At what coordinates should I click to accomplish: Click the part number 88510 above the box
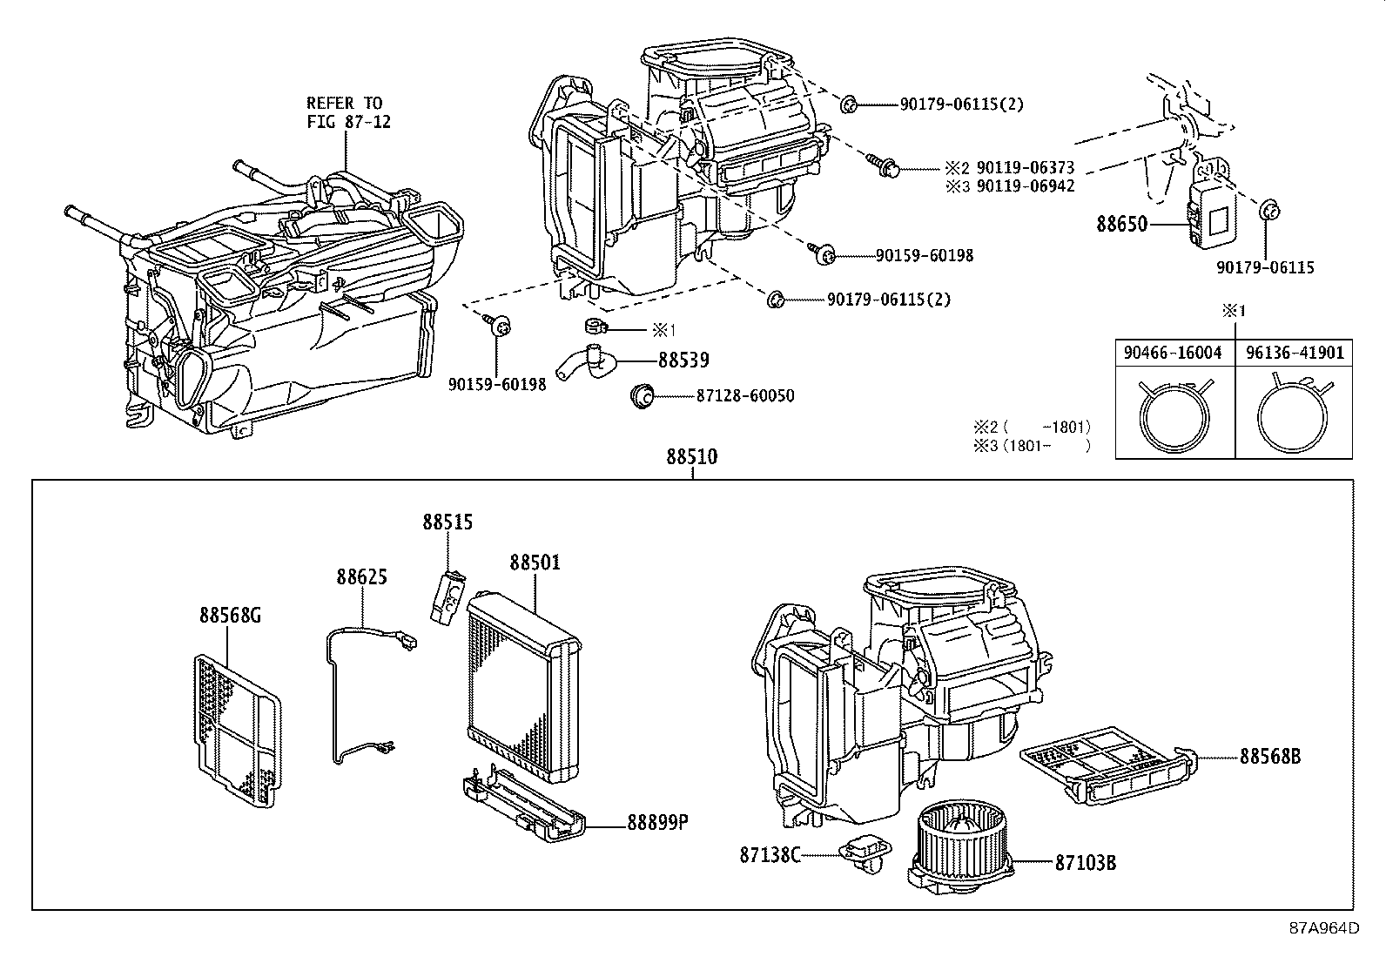click(x=692, y=456)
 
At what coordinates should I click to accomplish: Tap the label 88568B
click(x=1270, y=757)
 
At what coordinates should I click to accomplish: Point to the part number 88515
click(x=447, y=522)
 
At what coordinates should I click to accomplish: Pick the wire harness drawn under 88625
click(x=348, y=697)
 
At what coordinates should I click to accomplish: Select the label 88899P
click(x=657, y=821)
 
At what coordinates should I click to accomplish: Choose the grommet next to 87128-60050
click(x=642, y=396)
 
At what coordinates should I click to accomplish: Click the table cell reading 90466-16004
click(x=1174, y=353)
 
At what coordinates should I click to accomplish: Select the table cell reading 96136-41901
click(x=1294, y=353)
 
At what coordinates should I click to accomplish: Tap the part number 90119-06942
click(x=1025, y=185)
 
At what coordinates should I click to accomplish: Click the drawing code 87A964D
click(x=1323, y=927)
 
